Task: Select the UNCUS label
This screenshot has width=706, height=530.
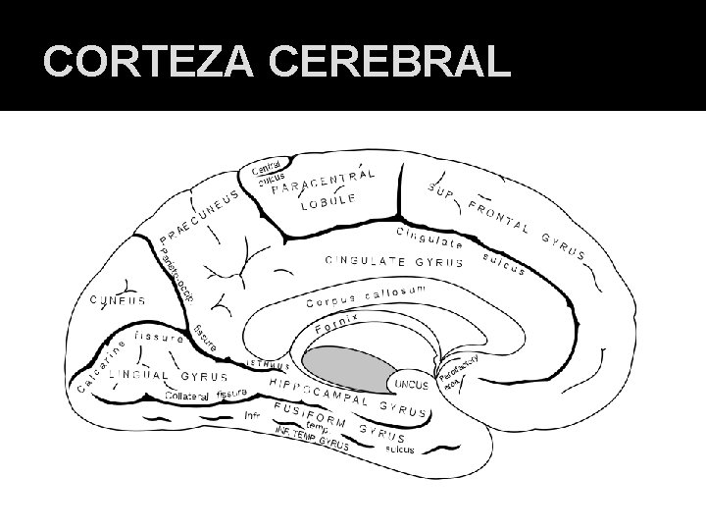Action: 410,384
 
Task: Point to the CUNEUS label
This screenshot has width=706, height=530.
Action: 118,300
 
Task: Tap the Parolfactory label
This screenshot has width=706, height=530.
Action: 457,369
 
